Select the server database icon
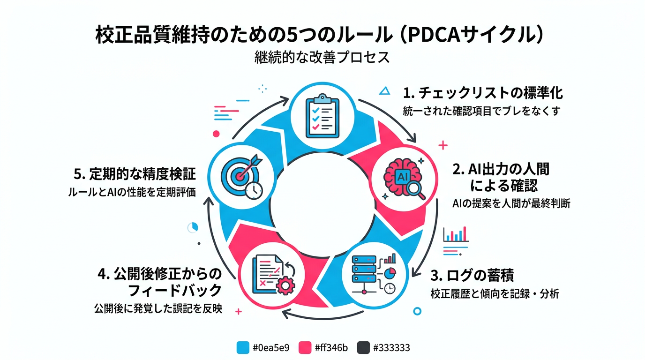click(x=373, y=275)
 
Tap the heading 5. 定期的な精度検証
click(x=135, y=174)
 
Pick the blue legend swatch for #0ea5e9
click(x=243, y=348)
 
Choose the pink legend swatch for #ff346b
click(x=305, y=348)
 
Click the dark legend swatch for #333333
click(x=364, y=348)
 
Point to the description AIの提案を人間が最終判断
click(x=511, y=204)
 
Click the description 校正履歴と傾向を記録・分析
click(x=495, y=294)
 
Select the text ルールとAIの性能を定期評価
click(x=132, y=192)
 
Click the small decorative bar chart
click(x=456, y=234)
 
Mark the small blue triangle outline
click(x=384, y=91)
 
